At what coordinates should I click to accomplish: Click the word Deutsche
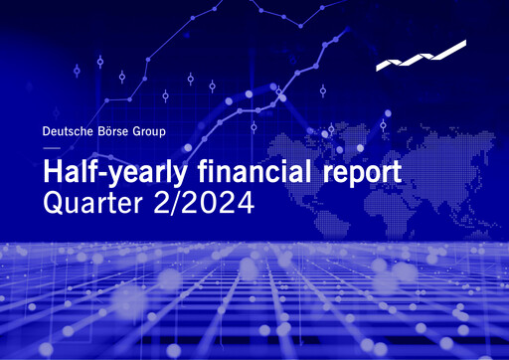click(66, 130)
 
